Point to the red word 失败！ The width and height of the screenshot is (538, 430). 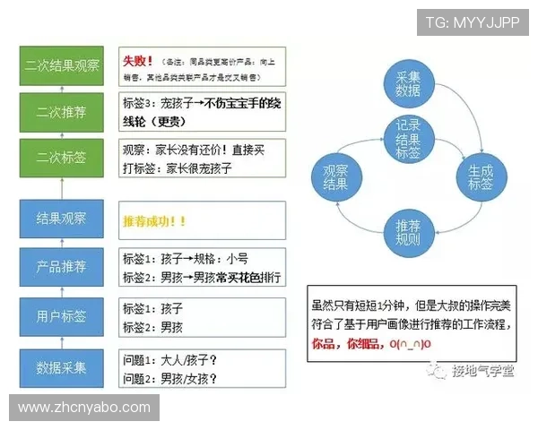pos(139,61)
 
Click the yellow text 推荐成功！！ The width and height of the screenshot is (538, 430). pos(154,220)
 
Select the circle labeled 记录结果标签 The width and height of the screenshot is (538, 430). pos(409,140)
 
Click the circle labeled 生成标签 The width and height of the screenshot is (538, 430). pos(474,176)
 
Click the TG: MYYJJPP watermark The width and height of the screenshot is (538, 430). pos(472,22)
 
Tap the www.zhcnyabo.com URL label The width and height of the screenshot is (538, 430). pos(85,408)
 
